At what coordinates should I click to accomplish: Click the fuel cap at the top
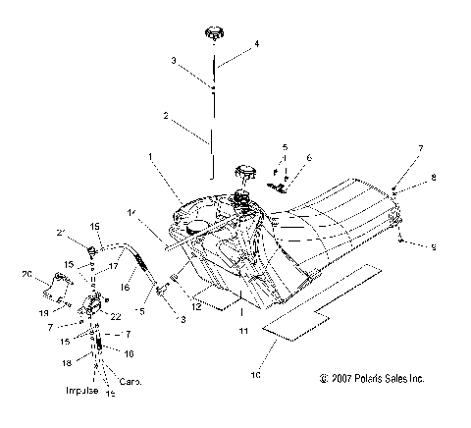(x=211, y=35)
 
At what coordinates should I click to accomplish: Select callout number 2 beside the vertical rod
(x=167, y=116)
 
